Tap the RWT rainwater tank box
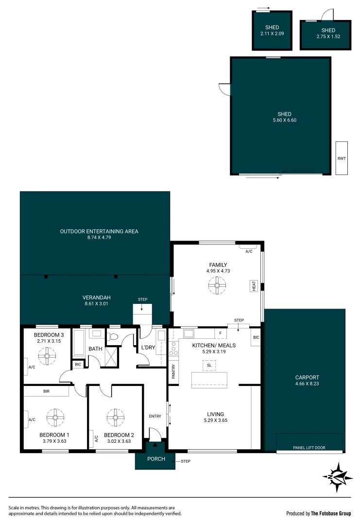342,158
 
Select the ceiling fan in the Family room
217,286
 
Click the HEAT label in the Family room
254,286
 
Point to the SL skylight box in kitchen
209,365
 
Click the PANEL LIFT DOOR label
309,447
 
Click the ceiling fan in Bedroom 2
116,416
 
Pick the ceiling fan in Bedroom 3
48,357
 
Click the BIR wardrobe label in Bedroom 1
46,391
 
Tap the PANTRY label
173,372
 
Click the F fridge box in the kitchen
220,333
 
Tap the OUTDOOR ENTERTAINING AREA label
99,231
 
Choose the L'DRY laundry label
148,348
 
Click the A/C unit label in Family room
249,251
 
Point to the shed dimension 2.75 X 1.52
325,36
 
